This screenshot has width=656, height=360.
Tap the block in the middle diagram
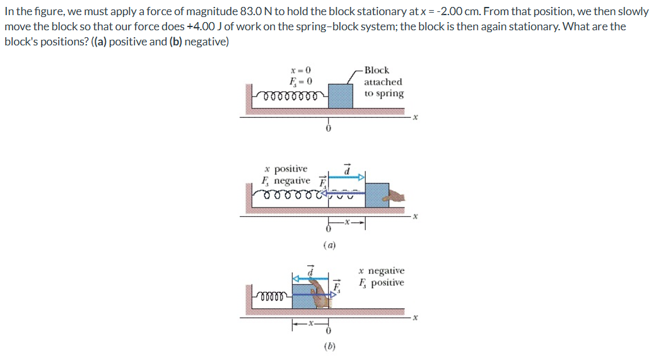[377, 194]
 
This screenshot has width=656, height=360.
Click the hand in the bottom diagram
[328, 294]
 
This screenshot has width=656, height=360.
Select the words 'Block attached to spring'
[384, 82]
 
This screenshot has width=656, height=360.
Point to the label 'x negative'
[382, 270]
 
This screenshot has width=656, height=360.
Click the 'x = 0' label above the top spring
[300, 69]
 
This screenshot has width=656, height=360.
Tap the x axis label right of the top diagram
[416, 117]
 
